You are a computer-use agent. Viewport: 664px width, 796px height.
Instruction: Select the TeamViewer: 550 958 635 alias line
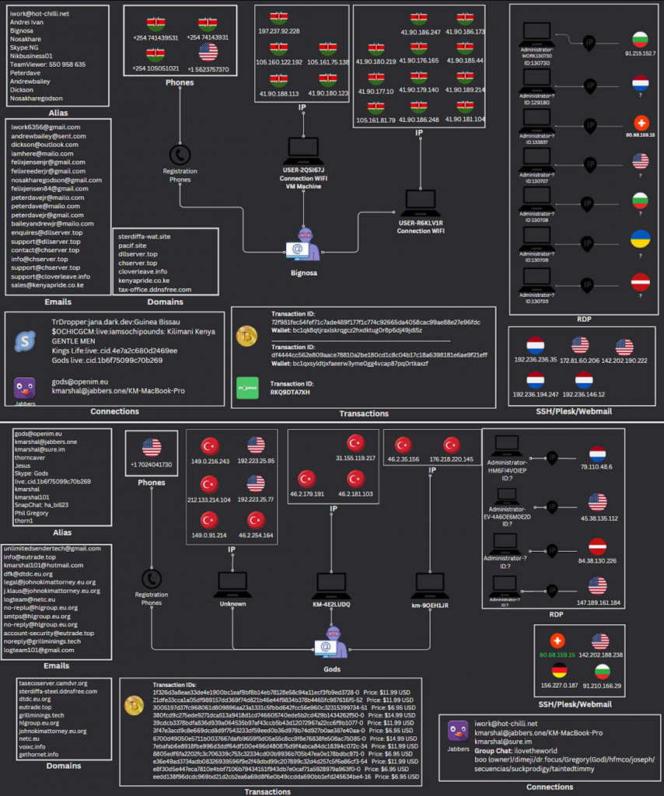(48, 64)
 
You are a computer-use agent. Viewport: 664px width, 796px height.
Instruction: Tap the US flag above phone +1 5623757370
(208, 52)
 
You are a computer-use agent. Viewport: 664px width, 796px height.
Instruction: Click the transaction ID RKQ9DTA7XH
(290, 392)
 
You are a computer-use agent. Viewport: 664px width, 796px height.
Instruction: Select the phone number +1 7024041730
(151, 463)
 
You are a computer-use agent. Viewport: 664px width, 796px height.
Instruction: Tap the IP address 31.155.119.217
(356, 458)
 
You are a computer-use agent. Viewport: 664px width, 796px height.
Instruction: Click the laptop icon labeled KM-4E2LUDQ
(330, 582)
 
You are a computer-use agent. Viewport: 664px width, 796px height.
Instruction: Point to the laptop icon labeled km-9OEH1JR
(430, 582)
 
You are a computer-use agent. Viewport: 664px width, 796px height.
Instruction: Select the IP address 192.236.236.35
(536, 360)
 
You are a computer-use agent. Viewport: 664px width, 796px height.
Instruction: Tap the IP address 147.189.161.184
(598, 602)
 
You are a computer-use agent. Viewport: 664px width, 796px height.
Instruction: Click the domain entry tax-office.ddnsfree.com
(155, 289)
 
